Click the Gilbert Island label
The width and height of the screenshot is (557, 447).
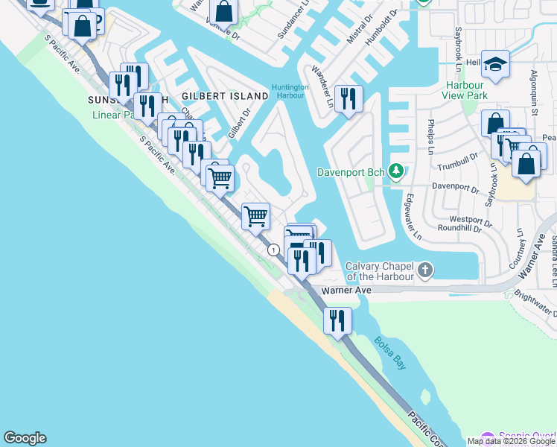tap(225, 97)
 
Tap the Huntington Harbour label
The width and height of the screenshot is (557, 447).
tap(290, 90)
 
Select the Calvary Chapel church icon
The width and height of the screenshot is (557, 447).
tap(425, 270)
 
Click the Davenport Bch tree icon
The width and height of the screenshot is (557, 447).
tap(397, 172)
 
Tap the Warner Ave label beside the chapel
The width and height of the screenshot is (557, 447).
tap(346, 291)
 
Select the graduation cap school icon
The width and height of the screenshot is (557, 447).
tap(494, 65)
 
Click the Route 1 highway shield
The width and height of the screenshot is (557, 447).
tap(274, 250)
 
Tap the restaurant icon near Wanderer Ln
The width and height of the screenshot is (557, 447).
tap(348, 99)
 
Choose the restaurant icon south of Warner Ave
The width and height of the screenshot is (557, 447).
tap(337, 320)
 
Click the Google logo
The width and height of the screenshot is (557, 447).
tap(25, 438)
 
